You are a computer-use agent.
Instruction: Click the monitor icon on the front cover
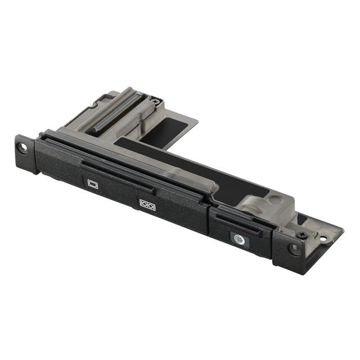93,183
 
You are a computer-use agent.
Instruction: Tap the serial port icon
147,204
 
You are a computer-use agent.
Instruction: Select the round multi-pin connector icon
239,238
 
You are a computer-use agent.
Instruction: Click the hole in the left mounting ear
24,147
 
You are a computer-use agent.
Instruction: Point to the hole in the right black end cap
294,247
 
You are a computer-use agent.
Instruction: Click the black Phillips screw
303,234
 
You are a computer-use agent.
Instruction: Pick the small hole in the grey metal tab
324,238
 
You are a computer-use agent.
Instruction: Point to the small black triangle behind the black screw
302,220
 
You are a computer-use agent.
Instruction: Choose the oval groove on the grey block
253,202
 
